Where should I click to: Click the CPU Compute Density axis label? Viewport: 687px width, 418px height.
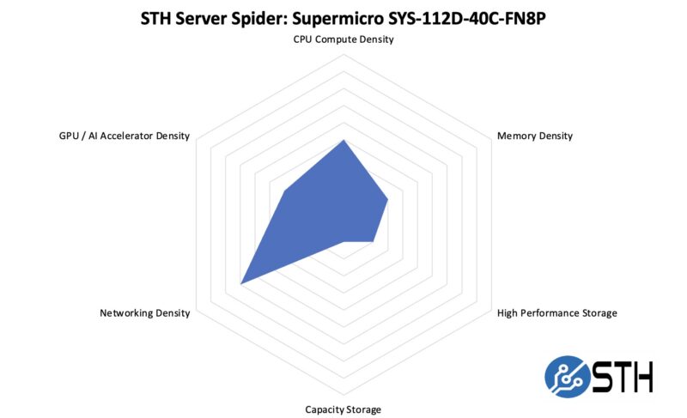pos(343,39)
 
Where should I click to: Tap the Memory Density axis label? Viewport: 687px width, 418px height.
pos(534,136)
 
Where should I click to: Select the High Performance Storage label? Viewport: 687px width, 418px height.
pos(556,312)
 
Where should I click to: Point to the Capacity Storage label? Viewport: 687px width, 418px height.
pos(343,409)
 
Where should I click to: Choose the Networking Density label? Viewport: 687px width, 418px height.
pos(144,312)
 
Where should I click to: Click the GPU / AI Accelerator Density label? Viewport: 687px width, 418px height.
pos(119,136)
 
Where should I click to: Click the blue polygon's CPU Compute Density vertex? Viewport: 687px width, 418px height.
pos(343,140)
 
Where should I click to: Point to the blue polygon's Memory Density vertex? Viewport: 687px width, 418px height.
pos(388,199)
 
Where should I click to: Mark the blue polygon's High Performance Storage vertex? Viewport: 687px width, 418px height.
pos(374,241)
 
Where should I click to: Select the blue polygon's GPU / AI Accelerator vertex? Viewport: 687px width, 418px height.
pos(284,192)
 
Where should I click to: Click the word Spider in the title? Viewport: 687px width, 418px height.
pos(246,17)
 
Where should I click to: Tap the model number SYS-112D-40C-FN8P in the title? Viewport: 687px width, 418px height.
pos(464,17)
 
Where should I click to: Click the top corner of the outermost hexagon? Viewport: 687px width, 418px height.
pos(343,55)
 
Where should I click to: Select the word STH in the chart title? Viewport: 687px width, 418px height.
pos(155,17)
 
